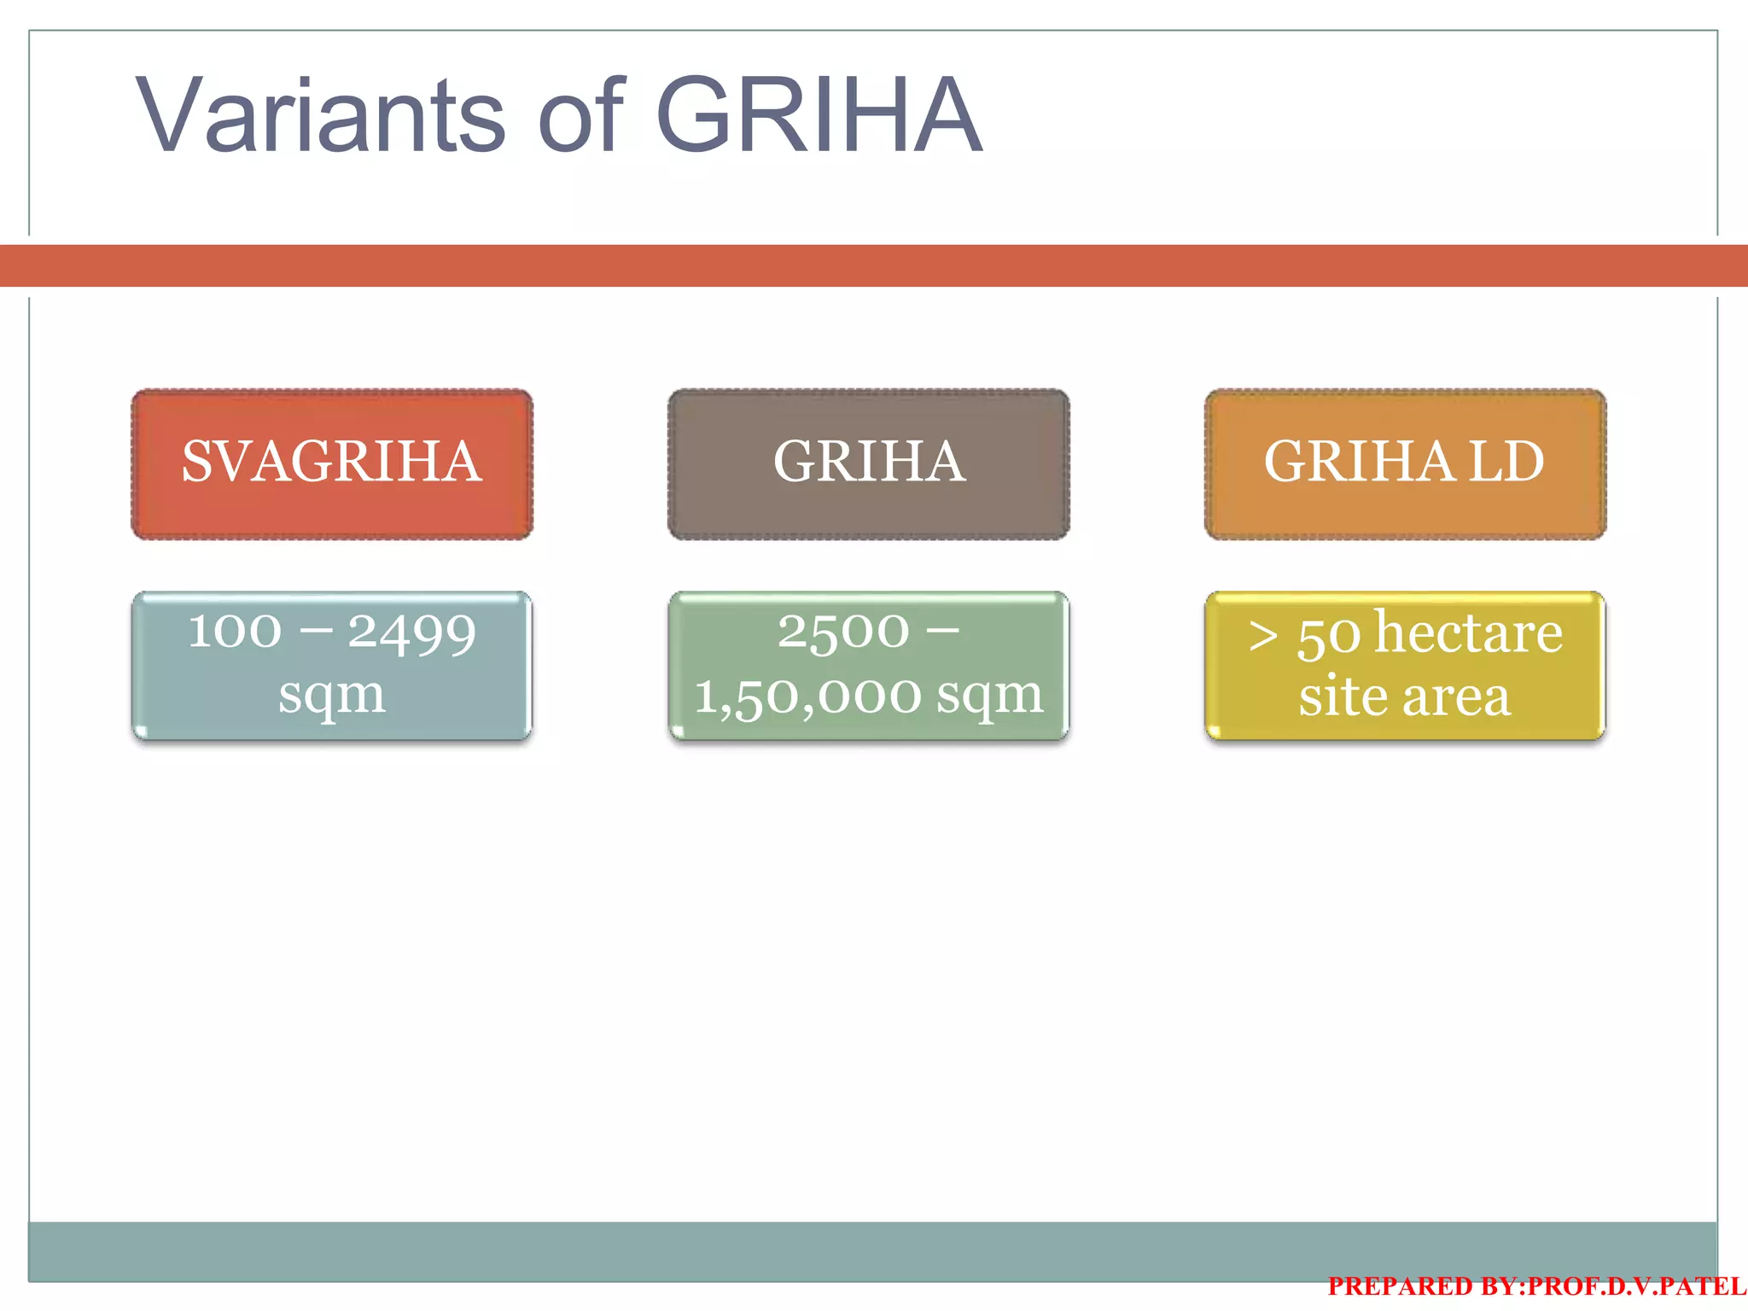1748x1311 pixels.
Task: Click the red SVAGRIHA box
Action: coord(332,463)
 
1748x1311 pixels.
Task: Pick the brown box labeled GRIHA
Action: coord(869,463)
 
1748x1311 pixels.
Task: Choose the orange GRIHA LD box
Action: coord(1405,463)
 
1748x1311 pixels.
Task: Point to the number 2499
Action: coord(412,633)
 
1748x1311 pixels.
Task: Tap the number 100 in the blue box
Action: coord(235,632)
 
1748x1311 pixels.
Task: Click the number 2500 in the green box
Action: coord(843,632)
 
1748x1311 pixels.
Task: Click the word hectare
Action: coord(1469,633)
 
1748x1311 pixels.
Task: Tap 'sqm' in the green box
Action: coord(990,696)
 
